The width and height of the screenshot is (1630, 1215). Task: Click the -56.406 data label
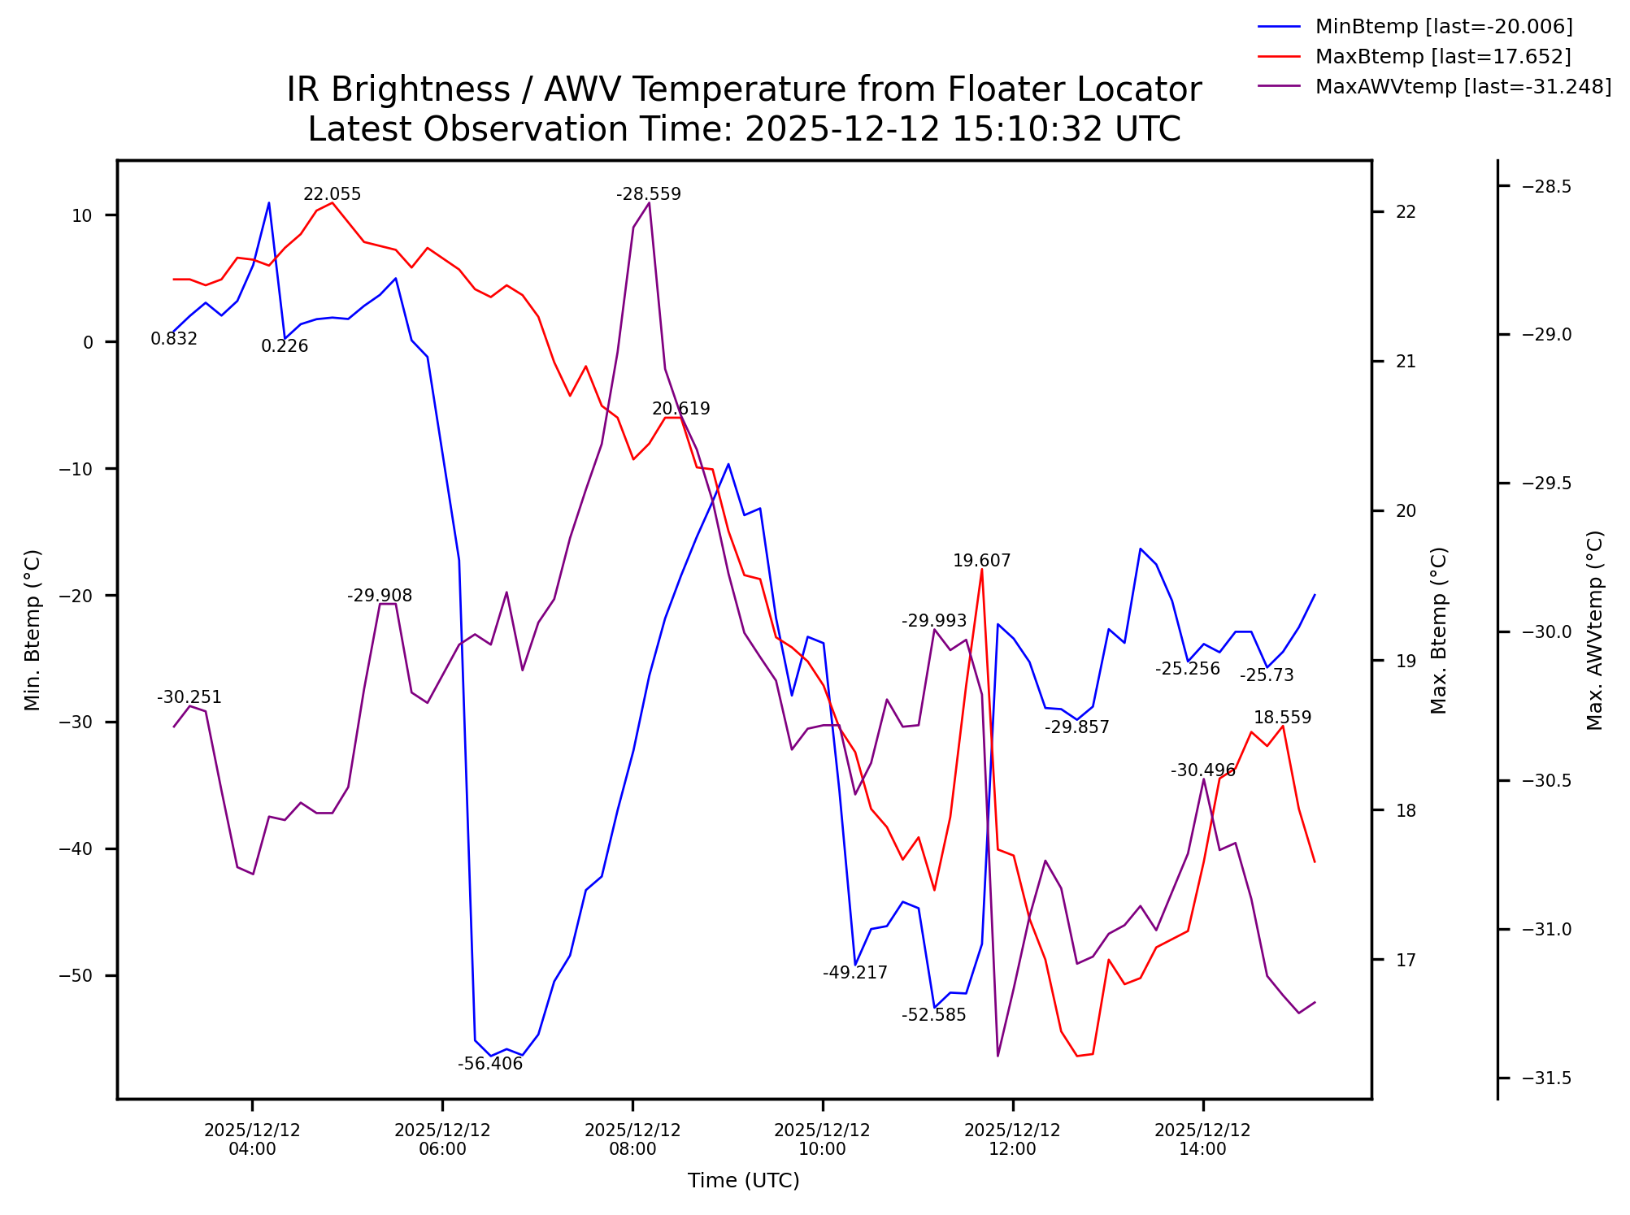tap(490, 1064)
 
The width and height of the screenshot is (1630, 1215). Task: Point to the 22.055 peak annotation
tap(332, 194)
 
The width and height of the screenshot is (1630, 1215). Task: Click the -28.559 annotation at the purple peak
tap(649, 194)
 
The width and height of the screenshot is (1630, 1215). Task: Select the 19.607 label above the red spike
tap(981, 561)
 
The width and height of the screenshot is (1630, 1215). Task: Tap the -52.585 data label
tap(934, 1015)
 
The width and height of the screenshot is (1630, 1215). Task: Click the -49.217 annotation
tap(855, 973)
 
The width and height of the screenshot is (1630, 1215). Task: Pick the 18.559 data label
tap(1282, 718)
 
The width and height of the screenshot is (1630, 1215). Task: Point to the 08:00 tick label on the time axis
tap(632, 1139)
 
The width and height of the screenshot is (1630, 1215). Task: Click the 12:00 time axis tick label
tap(1012, 1139)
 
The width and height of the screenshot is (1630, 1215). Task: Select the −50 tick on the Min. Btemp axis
tap(77, 976)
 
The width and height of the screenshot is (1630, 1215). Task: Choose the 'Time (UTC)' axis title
tap(743, 1181)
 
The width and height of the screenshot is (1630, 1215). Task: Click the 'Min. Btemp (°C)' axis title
tap(33, 631)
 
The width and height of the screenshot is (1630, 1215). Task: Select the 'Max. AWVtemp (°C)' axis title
tap(1595, 631)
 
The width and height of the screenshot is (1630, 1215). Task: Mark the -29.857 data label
tap(1076, 727)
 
